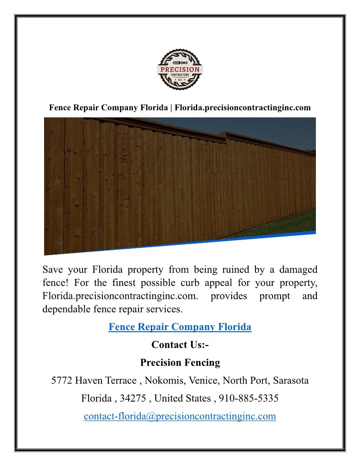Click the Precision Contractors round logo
pos(180,70)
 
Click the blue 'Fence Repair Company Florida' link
pos(180,327)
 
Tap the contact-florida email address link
pos(180,416)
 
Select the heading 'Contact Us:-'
pos(180,345)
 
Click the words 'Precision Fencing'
pos(180,363)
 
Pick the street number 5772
pos(62,380)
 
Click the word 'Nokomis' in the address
pos(164,380)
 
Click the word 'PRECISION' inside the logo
pos(180,70)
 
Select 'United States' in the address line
pos(183,398)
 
